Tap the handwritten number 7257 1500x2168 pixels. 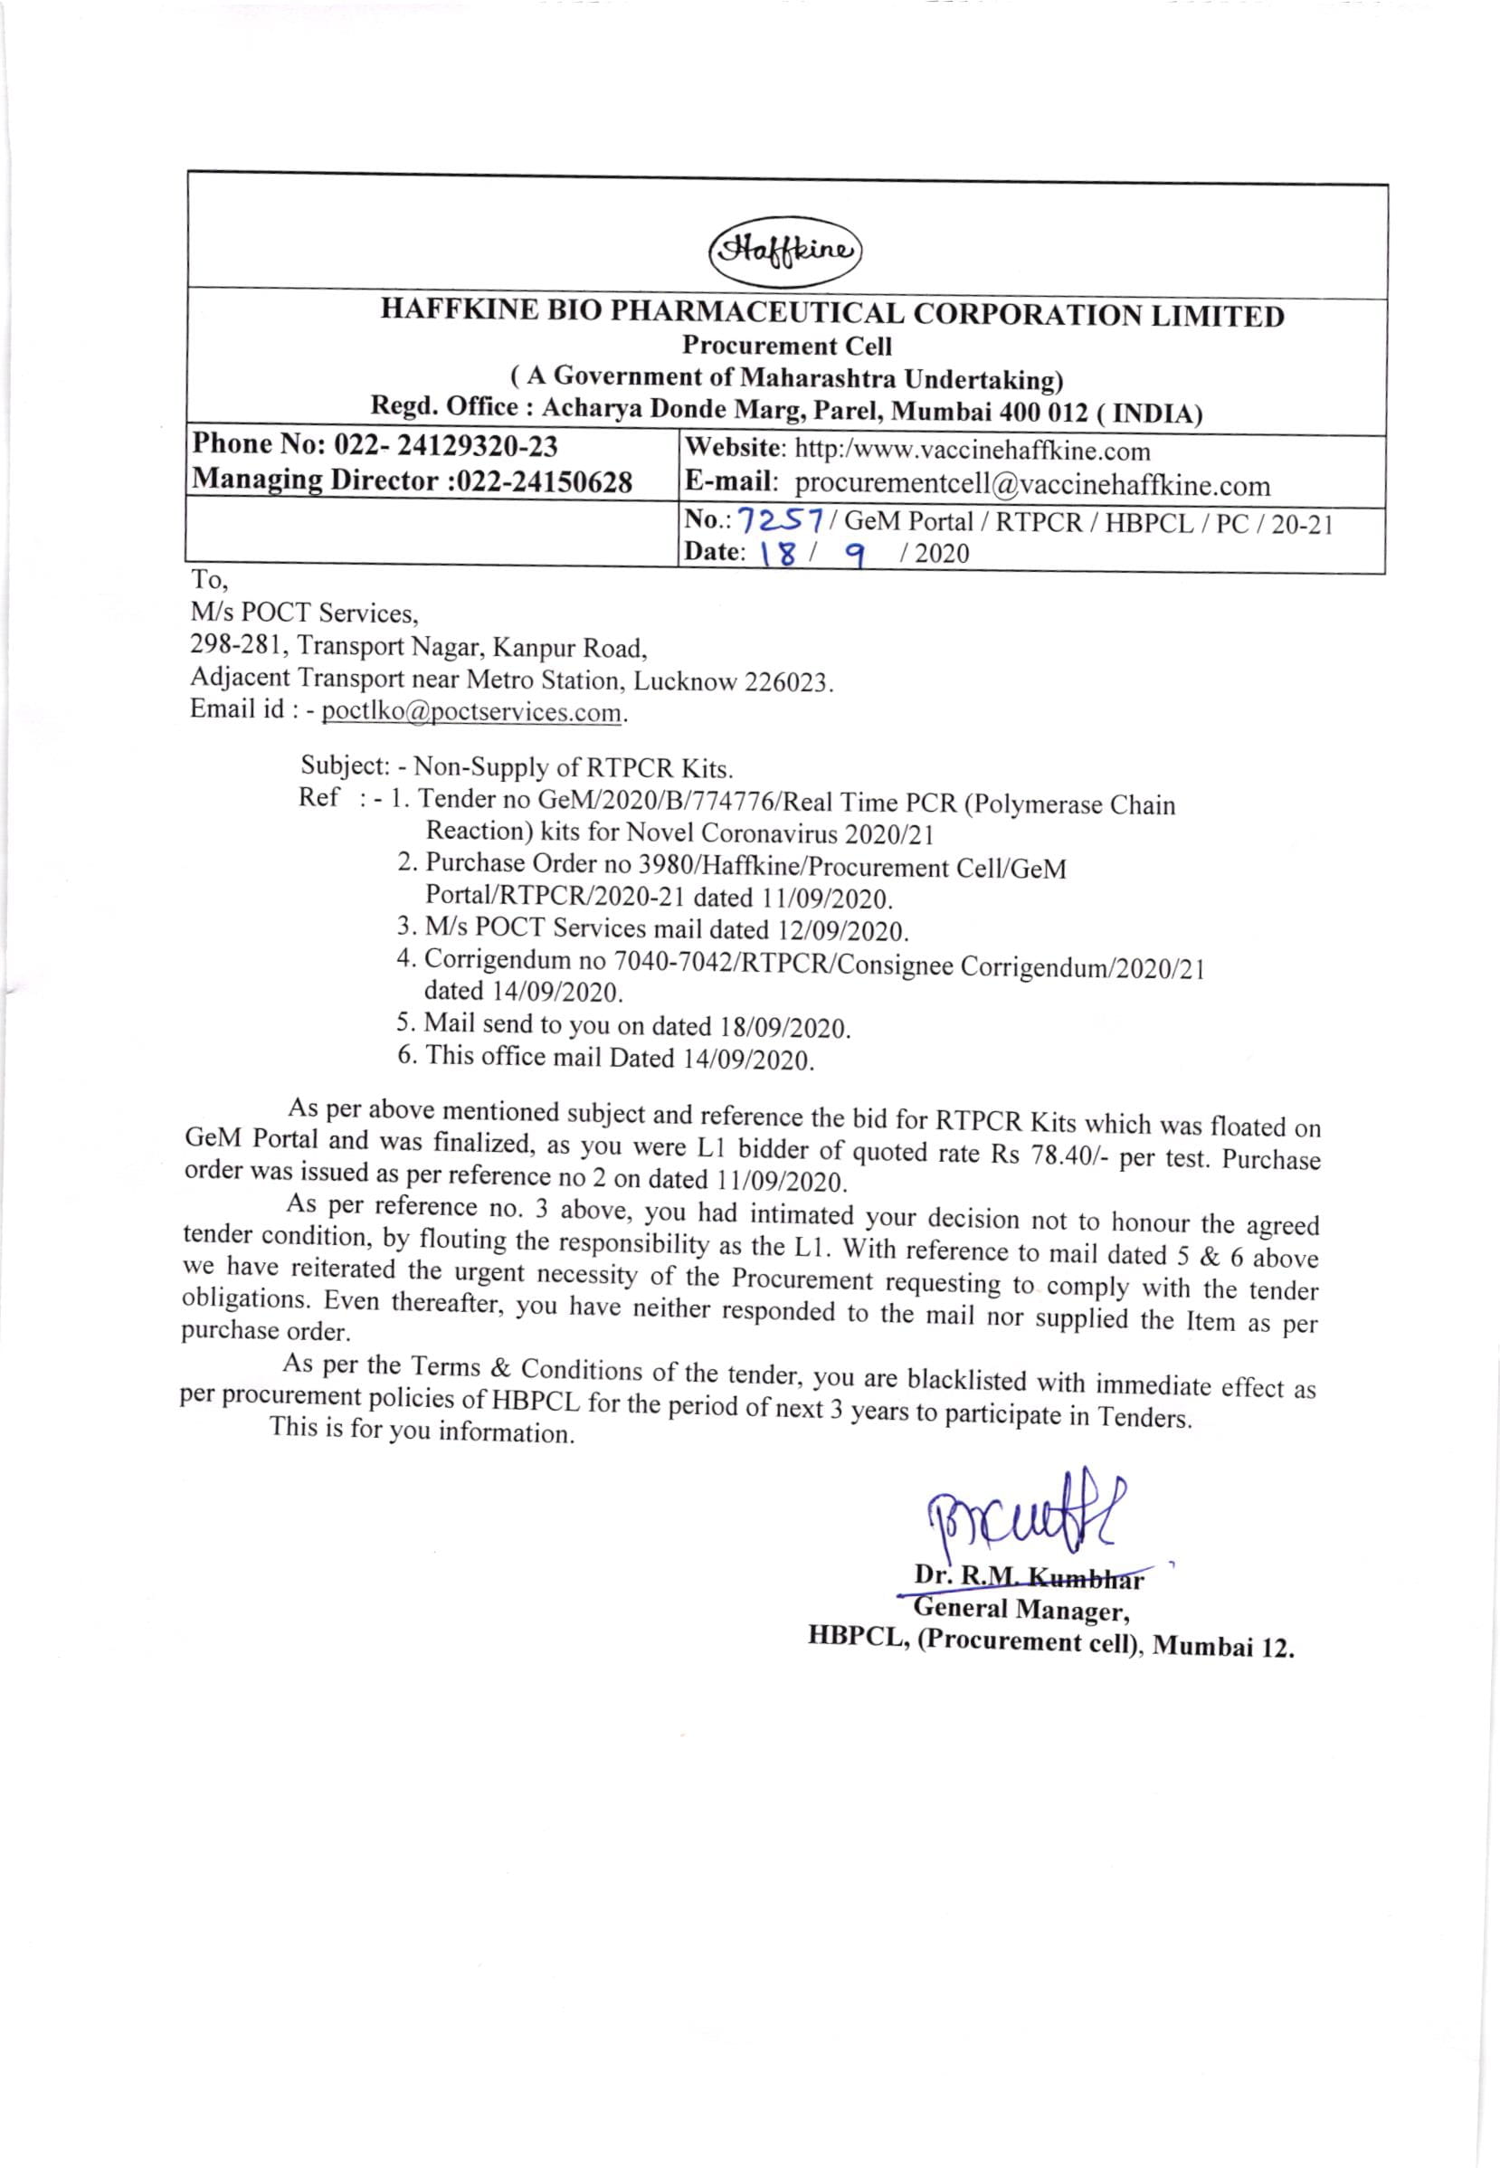pyautogui.click(x=781, y=519)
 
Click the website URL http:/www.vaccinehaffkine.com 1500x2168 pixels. pyautogui.click(x=972, y=452)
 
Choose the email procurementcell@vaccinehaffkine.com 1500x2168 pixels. pyautogui.click(x=1032, y=485)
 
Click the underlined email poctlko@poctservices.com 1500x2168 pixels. pyautogui.click(x=472, y=711)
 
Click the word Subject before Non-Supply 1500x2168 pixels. pyautogui.click(x=344, y=765)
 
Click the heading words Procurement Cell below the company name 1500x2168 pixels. pyautogui.click(x=787, y=346)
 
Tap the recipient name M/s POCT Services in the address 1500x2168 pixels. pyautogui.click(x=304, y=613)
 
